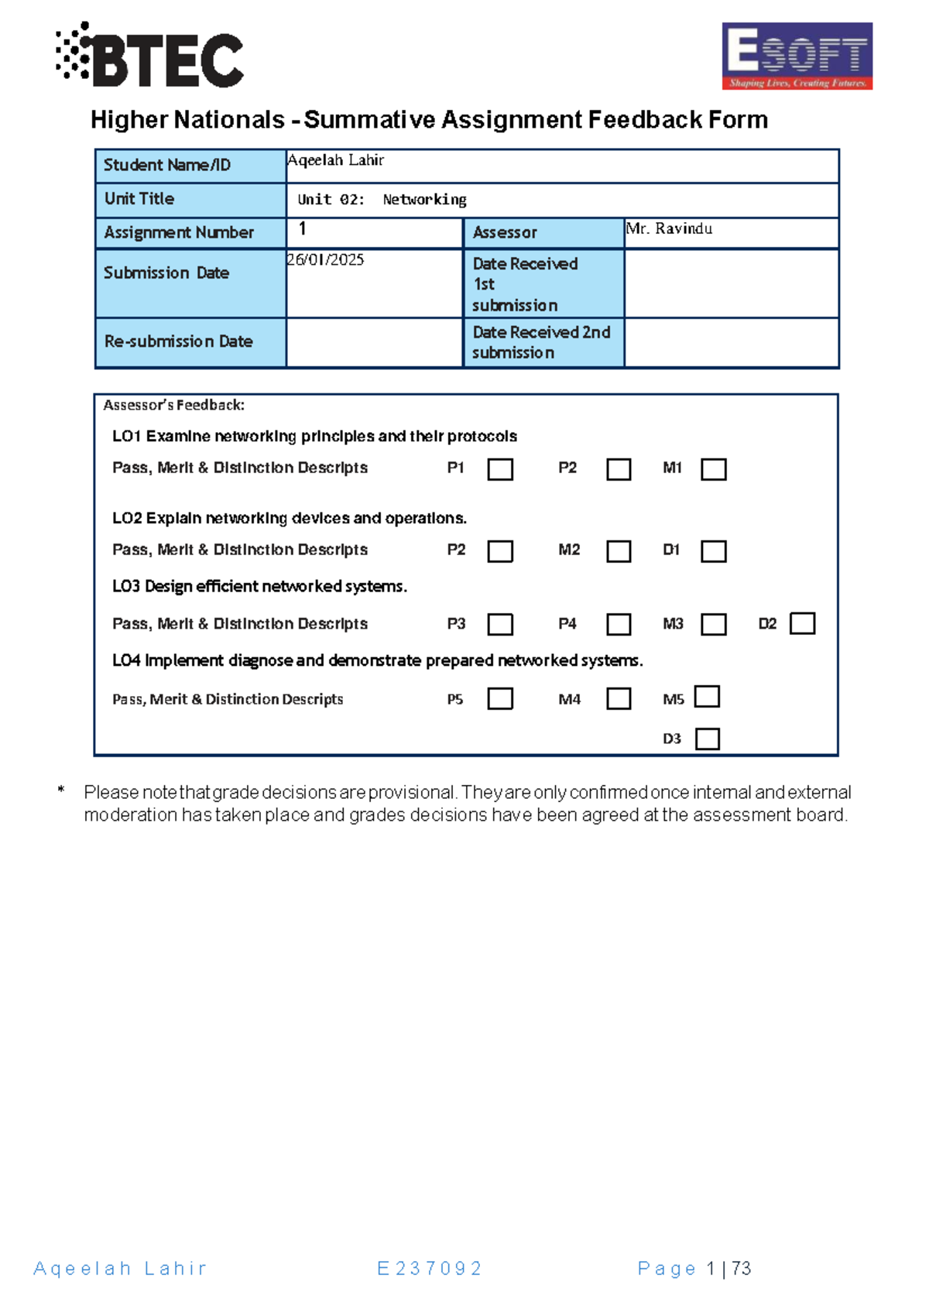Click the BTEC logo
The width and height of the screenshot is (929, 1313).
[150, 56]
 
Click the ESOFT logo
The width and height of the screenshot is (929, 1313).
[797, 56]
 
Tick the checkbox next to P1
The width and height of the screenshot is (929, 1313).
[500, 469]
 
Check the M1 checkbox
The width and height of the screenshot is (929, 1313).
[713, 469]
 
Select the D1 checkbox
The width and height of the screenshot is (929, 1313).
[713, 551]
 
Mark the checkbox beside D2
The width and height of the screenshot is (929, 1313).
[802, 623]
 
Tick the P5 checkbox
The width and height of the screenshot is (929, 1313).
[500, 698]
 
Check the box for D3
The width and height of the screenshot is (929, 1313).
[708, 739]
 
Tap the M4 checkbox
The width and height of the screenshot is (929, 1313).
[619, 698]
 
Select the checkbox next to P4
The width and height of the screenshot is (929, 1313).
[619, 624]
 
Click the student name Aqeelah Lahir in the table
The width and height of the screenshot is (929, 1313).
[336, 160]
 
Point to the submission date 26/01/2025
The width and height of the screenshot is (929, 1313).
[326, 260]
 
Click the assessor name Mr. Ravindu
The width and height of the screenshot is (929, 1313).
[670, 228]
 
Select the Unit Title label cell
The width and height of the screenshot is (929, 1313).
[190, 200]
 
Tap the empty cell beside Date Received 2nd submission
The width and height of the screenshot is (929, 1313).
[731, 342]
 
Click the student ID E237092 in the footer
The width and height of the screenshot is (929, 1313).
[430, 1268]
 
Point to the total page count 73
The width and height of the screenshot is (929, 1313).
[742, 1268]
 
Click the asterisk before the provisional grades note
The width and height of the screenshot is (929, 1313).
[60, 790]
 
